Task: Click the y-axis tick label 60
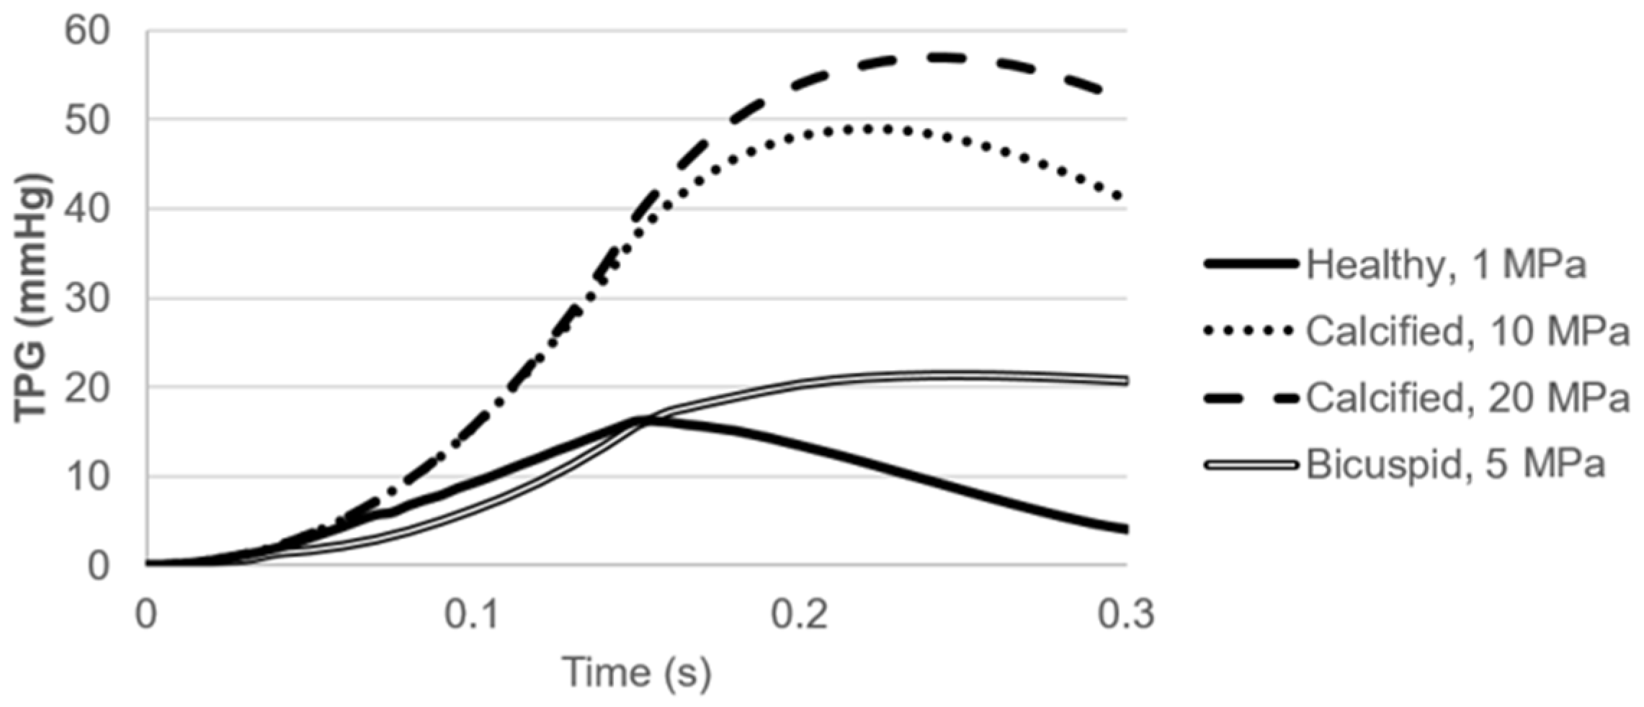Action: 87,32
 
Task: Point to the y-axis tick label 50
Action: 87,120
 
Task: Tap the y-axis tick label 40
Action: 87,210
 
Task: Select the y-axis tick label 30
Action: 87,299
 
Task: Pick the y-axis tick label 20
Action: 87,388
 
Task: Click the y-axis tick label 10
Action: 87,477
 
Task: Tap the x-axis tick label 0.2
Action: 800,615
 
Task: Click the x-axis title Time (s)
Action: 636,672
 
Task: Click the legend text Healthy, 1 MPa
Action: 1446,265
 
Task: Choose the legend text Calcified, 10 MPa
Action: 1467,332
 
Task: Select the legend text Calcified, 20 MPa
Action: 1467,398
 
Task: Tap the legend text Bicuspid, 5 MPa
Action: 1455,464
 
